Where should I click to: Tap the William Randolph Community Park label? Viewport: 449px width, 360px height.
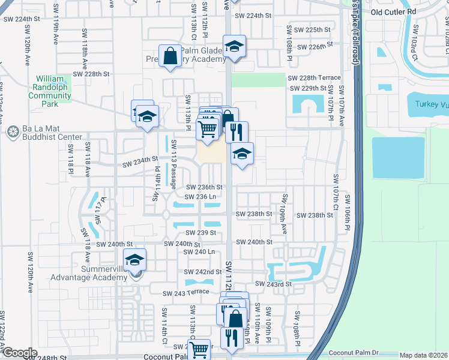(53, 91)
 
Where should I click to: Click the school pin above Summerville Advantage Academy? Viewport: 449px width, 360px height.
(136, 259)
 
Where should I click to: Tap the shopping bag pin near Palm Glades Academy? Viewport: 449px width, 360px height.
(170, 56)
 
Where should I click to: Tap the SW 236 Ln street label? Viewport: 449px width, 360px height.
(200, 197)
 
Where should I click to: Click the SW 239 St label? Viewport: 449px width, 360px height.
(200, 233)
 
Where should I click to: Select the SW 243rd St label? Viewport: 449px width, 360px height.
(273, 284)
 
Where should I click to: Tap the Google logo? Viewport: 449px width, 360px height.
(20, 353)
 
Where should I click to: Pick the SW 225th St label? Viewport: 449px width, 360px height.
(309, 29)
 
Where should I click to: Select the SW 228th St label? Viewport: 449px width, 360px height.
(92, 74)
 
